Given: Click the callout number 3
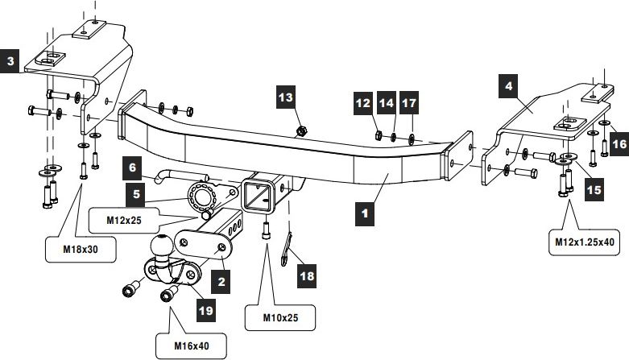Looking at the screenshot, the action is pyautogui.click(x=10, y=61).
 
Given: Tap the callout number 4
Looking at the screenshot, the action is pyautogui.click(x=508, y=86).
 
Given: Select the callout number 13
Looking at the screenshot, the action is pyautogui.click(x=286, y=97).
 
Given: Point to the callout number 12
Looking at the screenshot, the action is pyautogui.click(x=363, y=103).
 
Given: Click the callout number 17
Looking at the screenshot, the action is pyautogui.click(x=409, y=103).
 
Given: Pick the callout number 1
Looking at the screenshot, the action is pyautogui.click(x=365, y=213).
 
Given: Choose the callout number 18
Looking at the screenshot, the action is pyautogui.click(x=307, y=276).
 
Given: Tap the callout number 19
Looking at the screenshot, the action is pyautogui.click(x=206, y=310).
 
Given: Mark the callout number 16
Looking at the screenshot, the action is pyautogui.click(x=619, y=144).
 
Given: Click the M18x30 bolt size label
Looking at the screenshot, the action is pyautogui.click(x=81, y=249).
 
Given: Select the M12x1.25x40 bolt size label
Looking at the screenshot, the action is pyautogui.click(x=585, y=242).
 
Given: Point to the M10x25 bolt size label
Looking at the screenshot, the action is pyautogui.click(x=280, y=318).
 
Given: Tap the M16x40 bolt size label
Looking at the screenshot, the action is pyautogui.click(x=192, y=346).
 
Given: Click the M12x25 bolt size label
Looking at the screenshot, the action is pyautogui.click(x=124, y=221).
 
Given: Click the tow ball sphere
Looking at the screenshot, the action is pyautogui.click(x=162, y=245).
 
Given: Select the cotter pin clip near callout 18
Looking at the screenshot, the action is pyautogui.click(x=286, y=249).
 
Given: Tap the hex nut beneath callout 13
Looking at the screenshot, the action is pyautogui.click(x=301, y=130).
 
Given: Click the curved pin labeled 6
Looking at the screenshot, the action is pyautogui.click(x=180, y=176).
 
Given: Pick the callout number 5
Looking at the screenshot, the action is pyautogui.click(x=136, y=194).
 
